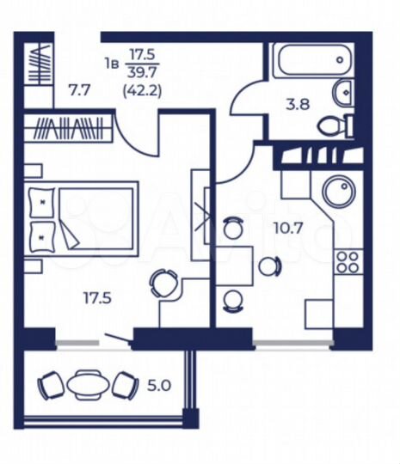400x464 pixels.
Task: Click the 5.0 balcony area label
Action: [x=160, y=386]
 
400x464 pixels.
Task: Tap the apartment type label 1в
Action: [x=110, y=62]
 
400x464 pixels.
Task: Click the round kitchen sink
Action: [x=337, y=191]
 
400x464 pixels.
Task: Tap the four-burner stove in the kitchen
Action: [x=348, y=261]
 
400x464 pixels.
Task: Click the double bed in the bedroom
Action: [x=82, y=218]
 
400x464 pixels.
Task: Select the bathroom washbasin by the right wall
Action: [x=342, y=89]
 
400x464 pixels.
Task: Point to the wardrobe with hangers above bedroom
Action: [x=69, y=130]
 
